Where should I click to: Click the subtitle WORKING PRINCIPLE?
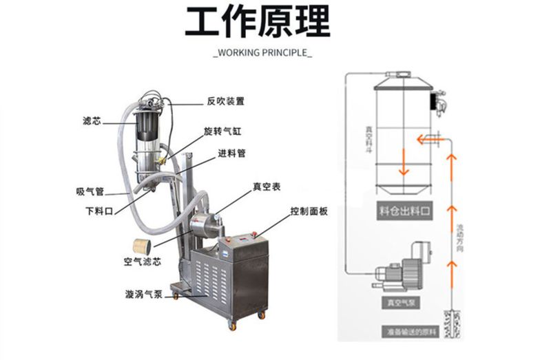[x=262, y=53]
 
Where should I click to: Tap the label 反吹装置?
[x=225, y=101]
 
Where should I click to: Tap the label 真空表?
[x=265, y=186]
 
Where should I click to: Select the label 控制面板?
[x=309, y=211]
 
